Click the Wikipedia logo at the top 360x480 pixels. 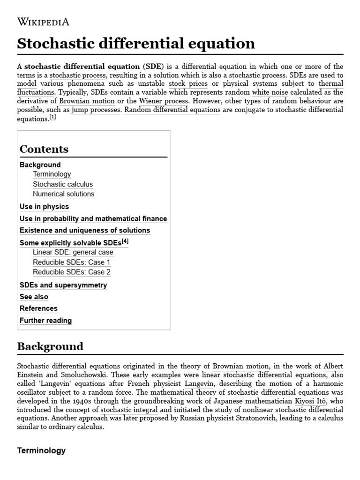click(x=43, y=22)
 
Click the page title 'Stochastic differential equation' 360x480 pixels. click(x=136, y=44)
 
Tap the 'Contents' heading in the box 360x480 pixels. click(x=44, y=149)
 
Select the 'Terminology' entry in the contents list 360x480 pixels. click(x=52, y=174)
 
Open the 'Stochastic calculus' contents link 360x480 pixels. click(x=63, y=184)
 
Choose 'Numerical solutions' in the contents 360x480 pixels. click(x=63, y=194)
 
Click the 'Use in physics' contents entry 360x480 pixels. click(x=44, y=207)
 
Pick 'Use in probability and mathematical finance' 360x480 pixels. click(x=93, y=219)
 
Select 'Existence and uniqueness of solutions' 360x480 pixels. click(x=85, y=231)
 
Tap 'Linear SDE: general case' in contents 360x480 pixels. click(x=73, y=252)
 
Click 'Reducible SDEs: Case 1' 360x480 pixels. click(x=72, y=262)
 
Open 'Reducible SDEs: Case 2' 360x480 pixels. click(x=72, y=272)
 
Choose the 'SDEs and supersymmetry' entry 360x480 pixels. click(x=63, y=285)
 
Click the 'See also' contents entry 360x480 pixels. click(x=34, y=297)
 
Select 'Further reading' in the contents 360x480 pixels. click(x=45, y=321)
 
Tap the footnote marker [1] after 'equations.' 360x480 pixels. click(x=52, y=117)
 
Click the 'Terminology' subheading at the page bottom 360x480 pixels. click(x=41, y=451)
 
